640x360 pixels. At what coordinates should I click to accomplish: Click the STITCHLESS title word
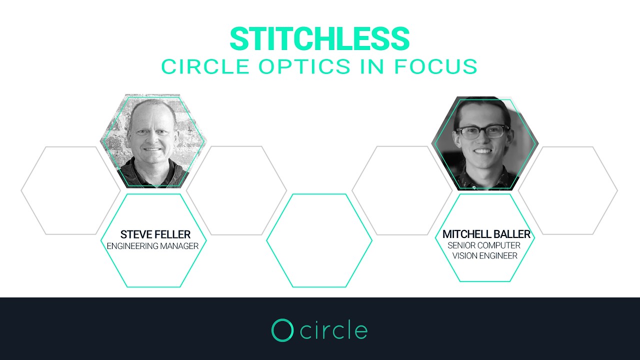[x=319, y=39]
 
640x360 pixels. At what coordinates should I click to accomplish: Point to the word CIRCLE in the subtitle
[x=205, y=66]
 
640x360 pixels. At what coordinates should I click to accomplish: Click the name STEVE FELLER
[x=155, y=234]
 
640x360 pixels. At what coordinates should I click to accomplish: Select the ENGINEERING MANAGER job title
[x=152, y=246]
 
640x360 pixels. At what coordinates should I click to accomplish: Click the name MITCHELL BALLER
[x=486, y=234]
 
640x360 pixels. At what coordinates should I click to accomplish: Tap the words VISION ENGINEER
[x=484, y=255]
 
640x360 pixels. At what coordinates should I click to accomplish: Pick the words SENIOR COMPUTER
[x=483, y=245]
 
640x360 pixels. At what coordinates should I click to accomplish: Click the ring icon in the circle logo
[x=282, y=330]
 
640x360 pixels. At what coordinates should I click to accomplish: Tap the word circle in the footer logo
[x=334, y=330]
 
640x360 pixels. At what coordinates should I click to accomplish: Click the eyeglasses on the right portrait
[x=482, y=132]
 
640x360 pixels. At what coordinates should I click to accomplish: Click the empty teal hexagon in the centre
[x=319, y=240]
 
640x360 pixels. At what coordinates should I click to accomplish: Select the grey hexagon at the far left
[x=70, y=190]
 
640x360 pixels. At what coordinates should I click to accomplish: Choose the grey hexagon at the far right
[x=568, y=190]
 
